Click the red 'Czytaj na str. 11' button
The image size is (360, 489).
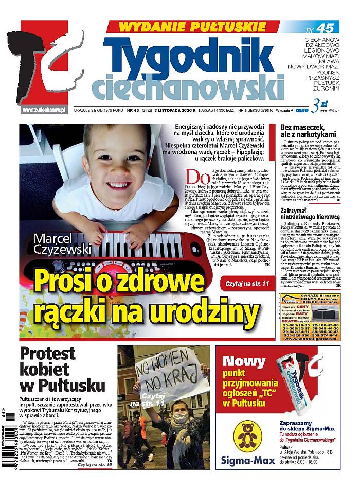[246, 284]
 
